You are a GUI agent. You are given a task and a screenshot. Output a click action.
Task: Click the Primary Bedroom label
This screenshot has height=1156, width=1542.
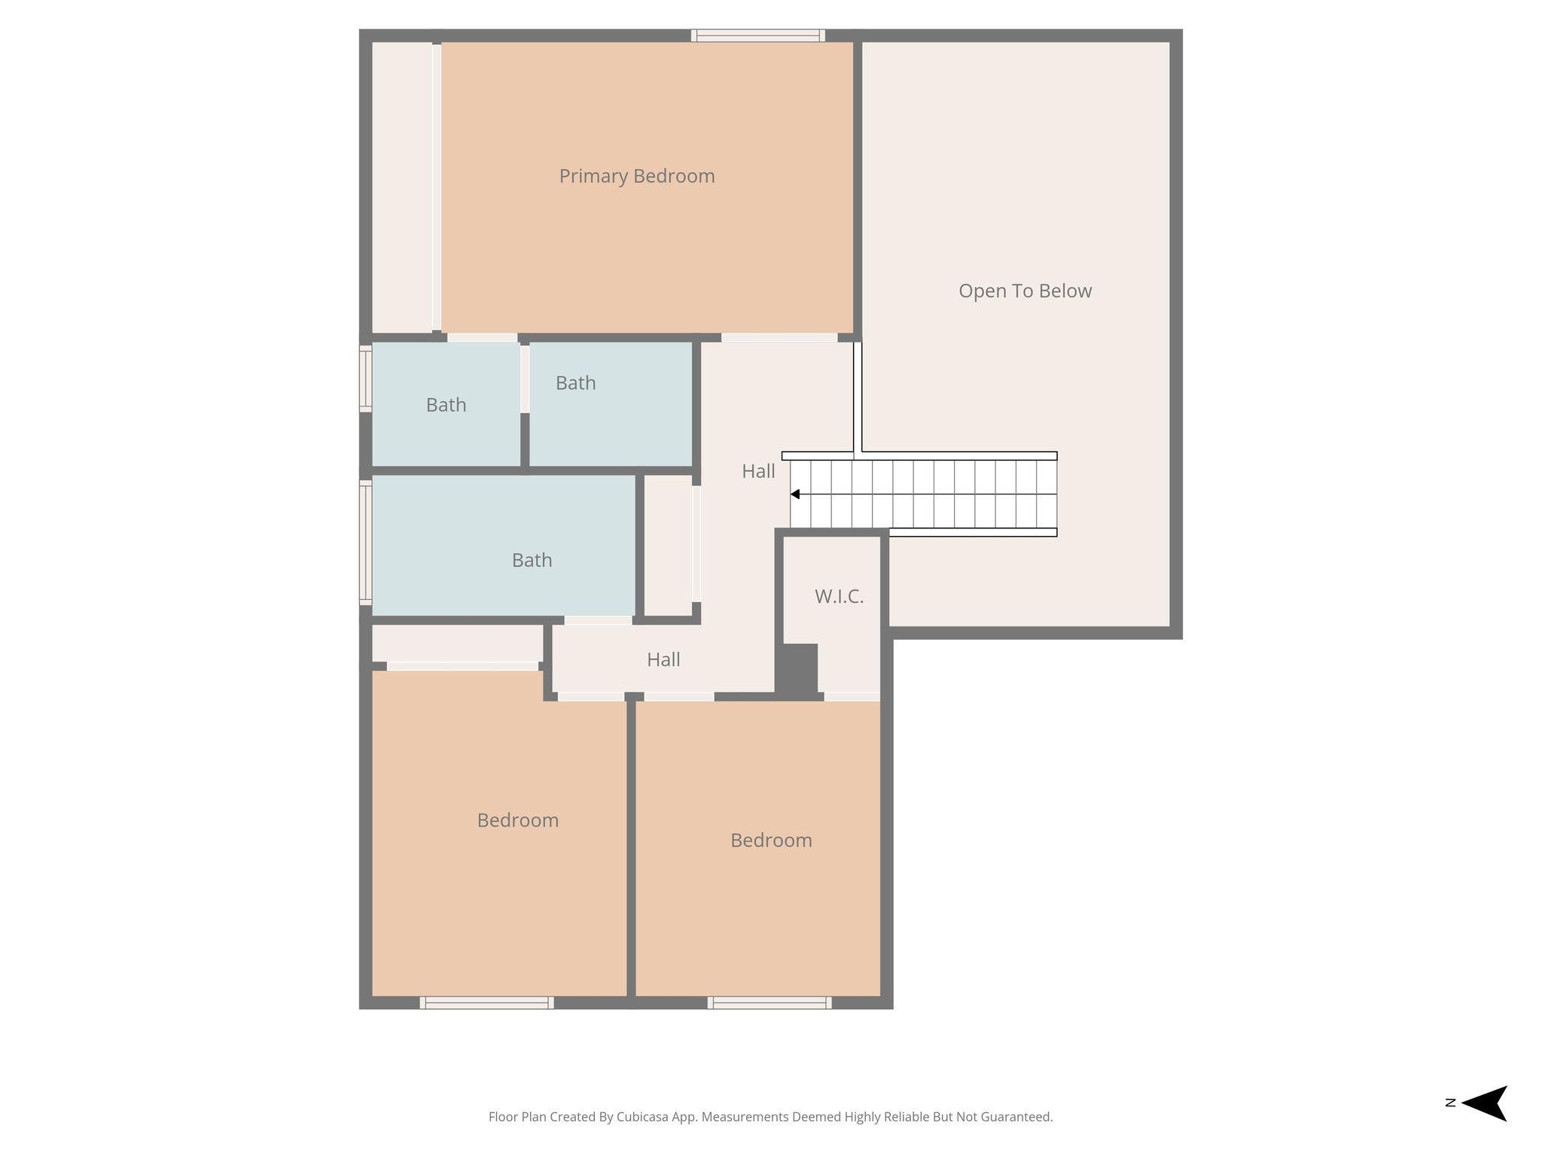[x=637, y=177]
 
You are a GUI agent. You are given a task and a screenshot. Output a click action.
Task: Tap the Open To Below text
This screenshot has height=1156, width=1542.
[x=1025, y=291]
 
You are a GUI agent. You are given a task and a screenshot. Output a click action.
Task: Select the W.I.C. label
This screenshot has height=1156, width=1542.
[x=839, y=597]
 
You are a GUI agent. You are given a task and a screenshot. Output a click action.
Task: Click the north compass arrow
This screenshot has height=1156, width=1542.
[x=1484, y=1103]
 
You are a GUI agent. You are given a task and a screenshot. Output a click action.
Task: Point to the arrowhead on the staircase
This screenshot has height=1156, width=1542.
[x=794, y=494]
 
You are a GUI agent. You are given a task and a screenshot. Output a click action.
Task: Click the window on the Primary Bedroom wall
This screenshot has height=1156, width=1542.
[x=758, y=35]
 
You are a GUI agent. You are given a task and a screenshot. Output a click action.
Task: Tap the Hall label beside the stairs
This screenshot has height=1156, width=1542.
[x=758, y=472]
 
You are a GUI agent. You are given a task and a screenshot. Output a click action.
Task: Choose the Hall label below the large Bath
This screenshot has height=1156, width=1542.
[x=663, y=660]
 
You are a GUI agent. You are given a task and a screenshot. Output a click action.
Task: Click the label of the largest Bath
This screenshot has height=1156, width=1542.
[x=532, y=561]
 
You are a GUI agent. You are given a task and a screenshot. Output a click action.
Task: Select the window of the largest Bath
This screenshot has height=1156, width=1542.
[x=365, y=543]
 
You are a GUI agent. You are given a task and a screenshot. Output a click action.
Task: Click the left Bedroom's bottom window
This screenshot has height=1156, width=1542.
[x=486, y=1002]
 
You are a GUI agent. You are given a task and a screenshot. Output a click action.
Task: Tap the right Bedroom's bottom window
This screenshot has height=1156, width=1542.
[x=769, y=1002]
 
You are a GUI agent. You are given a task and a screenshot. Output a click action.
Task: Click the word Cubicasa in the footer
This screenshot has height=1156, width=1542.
[x=644, y=1117]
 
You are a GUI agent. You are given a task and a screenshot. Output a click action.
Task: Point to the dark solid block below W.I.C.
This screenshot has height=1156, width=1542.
[x=797, y=669]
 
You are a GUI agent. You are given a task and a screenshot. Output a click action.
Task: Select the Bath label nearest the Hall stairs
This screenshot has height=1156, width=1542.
[x=576, y=384]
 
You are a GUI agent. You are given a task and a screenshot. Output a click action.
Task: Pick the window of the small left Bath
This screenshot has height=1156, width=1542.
[x=365, y=379]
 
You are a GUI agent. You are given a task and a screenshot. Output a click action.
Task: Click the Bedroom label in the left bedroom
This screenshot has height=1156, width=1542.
[x=518, y=820]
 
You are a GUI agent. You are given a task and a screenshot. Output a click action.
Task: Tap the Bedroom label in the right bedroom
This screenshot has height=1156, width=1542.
[x=771, y=841]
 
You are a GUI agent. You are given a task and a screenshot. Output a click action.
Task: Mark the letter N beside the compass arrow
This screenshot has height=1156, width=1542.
[x=1450, y=1103]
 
